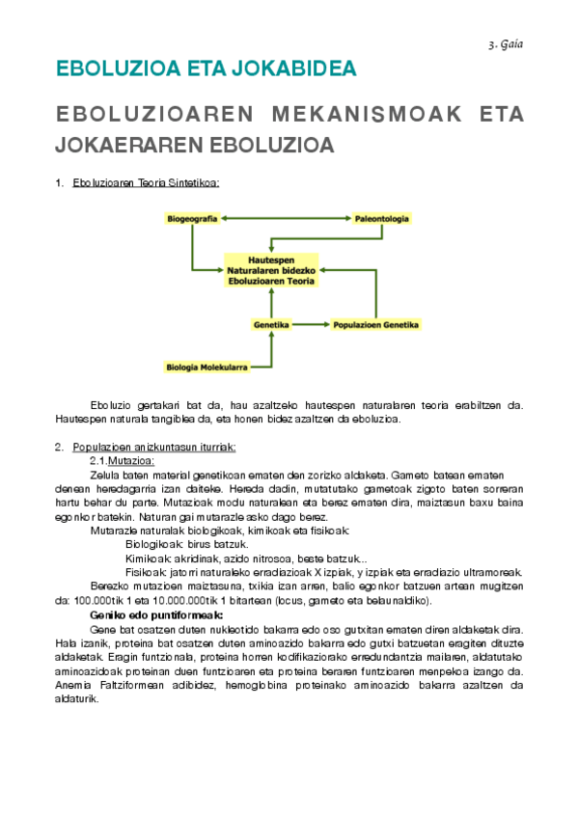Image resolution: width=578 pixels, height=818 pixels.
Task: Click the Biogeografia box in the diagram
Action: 191,219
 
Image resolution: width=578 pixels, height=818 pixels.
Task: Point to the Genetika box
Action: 271,325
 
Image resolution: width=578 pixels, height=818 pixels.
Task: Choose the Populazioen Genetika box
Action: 375,325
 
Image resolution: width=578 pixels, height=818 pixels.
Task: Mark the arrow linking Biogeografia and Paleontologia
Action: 285,219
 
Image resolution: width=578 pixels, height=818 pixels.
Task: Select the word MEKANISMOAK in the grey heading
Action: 362,115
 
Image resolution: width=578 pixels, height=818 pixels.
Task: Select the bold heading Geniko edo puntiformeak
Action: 156,614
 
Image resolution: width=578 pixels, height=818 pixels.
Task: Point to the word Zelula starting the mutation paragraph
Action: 104,475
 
